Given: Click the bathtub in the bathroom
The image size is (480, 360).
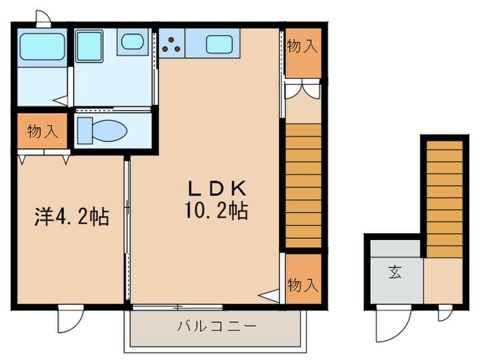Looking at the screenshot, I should click(42, 47).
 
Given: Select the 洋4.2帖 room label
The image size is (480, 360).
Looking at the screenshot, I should click(71, 218).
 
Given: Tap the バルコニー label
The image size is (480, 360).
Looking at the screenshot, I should click(216, 324).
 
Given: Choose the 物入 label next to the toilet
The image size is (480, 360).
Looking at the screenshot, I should click(42, 131).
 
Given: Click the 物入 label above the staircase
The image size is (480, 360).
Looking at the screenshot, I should click(302, 47).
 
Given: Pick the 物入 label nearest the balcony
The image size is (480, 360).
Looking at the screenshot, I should click(302, 283).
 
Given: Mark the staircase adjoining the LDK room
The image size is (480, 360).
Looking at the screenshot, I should click(302, 185).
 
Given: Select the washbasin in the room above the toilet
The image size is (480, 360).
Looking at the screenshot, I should click(132, 43).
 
